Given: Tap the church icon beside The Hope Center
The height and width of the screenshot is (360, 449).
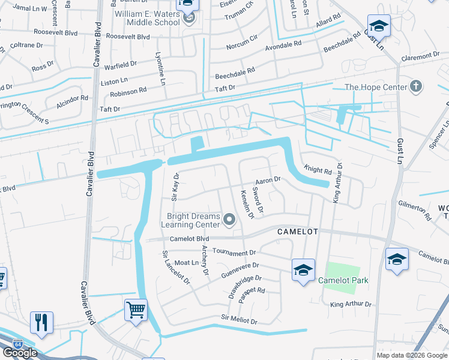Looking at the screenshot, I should pos(415,87).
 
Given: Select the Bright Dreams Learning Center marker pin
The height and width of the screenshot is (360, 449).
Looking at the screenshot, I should pos(229,220).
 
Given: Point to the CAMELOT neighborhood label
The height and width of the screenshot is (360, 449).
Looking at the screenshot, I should pos(297,232).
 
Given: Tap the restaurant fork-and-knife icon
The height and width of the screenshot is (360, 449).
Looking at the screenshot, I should pos(41,322).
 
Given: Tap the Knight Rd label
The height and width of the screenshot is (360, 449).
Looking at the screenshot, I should pos(318,171).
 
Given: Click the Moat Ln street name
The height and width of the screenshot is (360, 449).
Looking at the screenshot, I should pos(187,263).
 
